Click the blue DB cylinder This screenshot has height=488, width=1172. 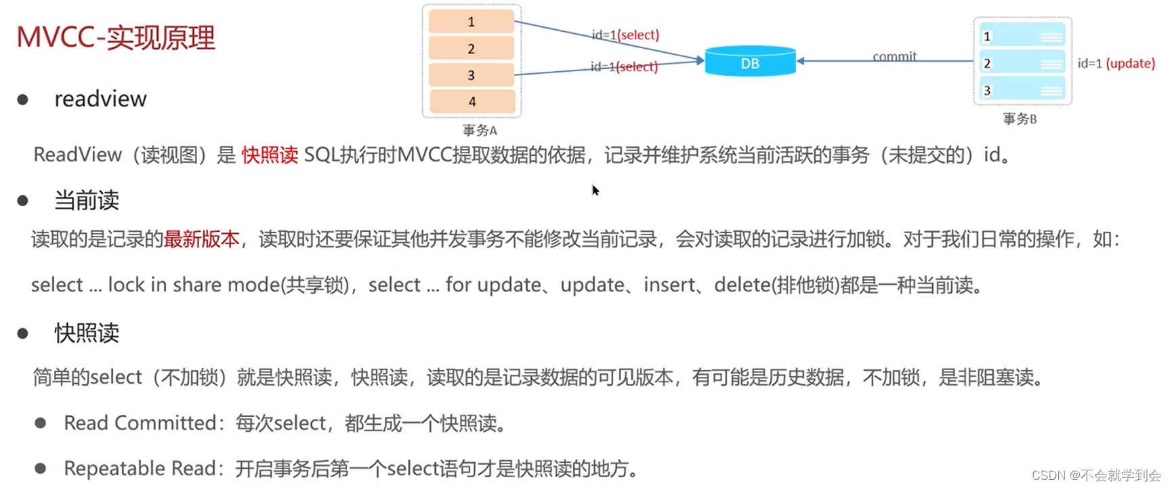pos(750,62)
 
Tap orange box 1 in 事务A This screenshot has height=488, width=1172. pos(472,22)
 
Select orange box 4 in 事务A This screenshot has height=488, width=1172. pos(472,102)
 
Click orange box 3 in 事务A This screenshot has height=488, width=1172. pos(472,75)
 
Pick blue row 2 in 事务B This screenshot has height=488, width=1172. pos(1022,63)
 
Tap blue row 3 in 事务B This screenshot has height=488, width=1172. pos(1022,89)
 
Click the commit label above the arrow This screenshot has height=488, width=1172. pos(894,56)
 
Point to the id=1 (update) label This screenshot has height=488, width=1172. pos(1116,63)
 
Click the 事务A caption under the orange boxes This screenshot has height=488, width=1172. pos(480,130)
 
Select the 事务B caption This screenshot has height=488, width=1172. pos(1020,119)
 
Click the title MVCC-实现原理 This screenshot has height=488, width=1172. pos(115,37)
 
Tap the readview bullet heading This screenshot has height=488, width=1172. pos(100,99)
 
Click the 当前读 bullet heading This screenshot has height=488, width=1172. pos(86,200)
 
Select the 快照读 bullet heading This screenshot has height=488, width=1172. pos(86,333)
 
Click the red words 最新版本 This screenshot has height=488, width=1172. pos(201,239)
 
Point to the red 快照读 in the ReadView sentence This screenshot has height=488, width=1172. pos(270,155)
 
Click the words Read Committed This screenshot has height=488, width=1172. pos(140,423)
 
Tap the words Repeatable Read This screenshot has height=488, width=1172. pos(140,468)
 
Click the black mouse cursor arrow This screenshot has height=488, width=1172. pos(595,190)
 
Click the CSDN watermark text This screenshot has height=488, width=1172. pos(1095,475)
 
